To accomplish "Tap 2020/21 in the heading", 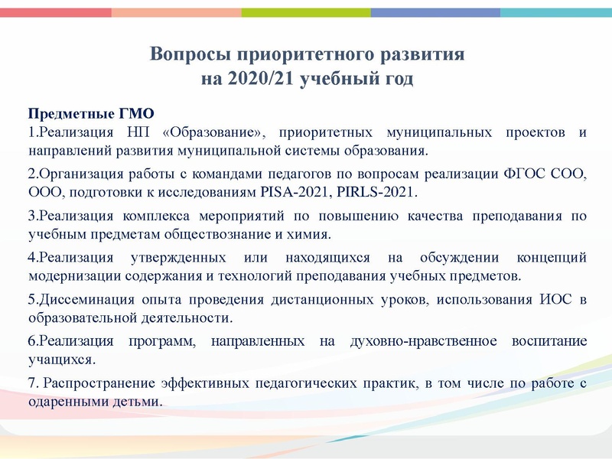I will coord(259,79).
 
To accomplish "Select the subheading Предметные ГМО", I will coord(91,116).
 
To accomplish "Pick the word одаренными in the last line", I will coord(63,399).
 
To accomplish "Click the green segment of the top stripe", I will coord(306,13).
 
